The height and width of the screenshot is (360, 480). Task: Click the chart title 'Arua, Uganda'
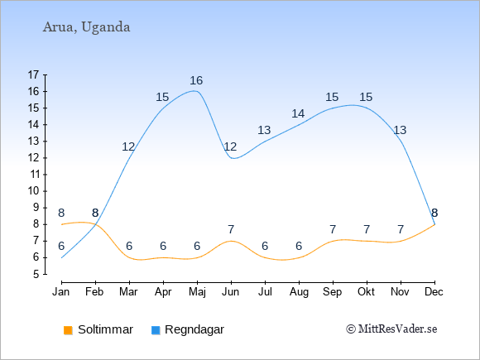click(86, 27)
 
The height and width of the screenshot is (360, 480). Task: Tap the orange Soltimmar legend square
click(68, 330)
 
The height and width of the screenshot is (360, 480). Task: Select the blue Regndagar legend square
click(156, 330)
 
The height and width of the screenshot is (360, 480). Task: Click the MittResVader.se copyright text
click(391, 329)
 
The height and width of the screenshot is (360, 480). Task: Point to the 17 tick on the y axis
click(33, 74)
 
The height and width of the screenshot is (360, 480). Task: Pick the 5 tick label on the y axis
click(36, 274)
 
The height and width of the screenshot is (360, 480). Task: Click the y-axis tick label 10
click(33, 191)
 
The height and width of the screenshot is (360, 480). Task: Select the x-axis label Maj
click(197, 292)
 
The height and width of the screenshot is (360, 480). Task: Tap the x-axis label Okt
click(366, 292)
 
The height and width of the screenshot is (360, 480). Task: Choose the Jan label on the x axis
click(61, 292)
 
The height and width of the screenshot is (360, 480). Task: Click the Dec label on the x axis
click(434, 292)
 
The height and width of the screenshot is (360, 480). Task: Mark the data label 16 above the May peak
click(196, 80)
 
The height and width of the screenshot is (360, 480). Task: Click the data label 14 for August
click(298, 114)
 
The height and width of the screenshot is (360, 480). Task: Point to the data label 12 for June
click(230, 147)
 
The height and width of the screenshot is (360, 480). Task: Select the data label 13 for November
click(400, 131)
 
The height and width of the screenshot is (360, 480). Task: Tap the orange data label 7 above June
click(231, 229)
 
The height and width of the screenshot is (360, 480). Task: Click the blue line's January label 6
click(61, 246)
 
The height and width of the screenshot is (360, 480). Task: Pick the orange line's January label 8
click(61, 213)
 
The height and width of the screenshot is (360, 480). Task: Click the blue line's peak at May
click(194, 90)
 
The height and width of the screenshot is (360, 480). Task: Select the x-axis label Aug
click(299, 292)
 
